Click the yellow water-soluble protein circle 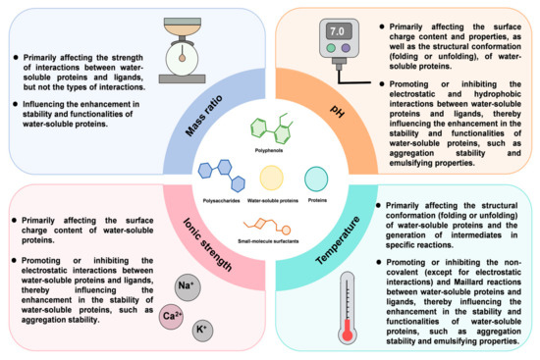(x=270, y=178)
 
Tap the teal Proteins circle (x=316, y=179)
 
